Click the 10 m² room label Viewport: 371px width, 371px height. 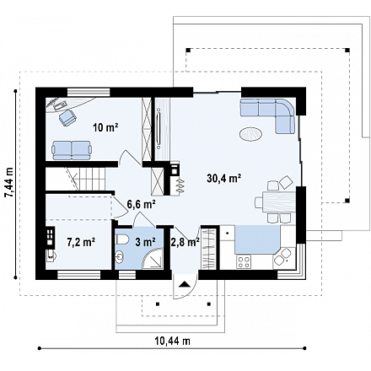coord(105,128)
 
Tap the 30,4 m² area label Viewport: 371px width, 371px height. coord(223,178)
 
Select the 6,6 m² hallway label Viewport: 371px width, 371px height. coord(142,204)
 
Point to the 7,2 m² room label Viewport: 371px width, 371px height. coord(81,242)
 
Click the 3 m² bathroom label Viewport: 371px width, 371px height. coord(146,242)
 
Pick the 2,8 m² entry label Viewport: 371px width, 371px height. coord(185,242)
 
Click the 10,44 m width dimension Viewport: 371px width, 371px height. coord(172,341)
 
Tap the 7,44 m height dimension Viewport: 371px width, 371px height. coord(9,183)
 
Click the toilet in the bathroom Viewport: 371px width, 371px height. coord(121,239)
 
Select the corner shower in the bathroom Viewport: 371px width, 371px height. coord(153,259)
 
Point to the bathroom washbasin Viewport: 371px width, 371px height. coord(120,257)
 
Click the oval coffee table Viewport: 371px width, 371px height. coord(251,133)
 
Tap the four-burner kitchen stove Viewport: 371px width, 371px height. coord(244,262)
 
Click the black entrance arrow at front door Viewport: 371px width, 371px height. coord(184,284)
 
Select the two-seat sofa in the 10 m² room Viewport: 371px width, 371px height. coord(72,150)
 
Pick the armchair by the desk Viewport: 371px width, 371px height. coord(67,117)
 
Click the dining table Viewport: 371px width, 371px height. coord(278,202)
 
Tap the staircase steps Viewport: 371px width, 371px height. coord(89,179)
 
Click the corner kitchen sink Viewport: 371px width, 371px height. coord(283,256)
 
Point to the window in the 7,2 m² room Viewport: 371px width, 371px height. coord(79,275)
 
